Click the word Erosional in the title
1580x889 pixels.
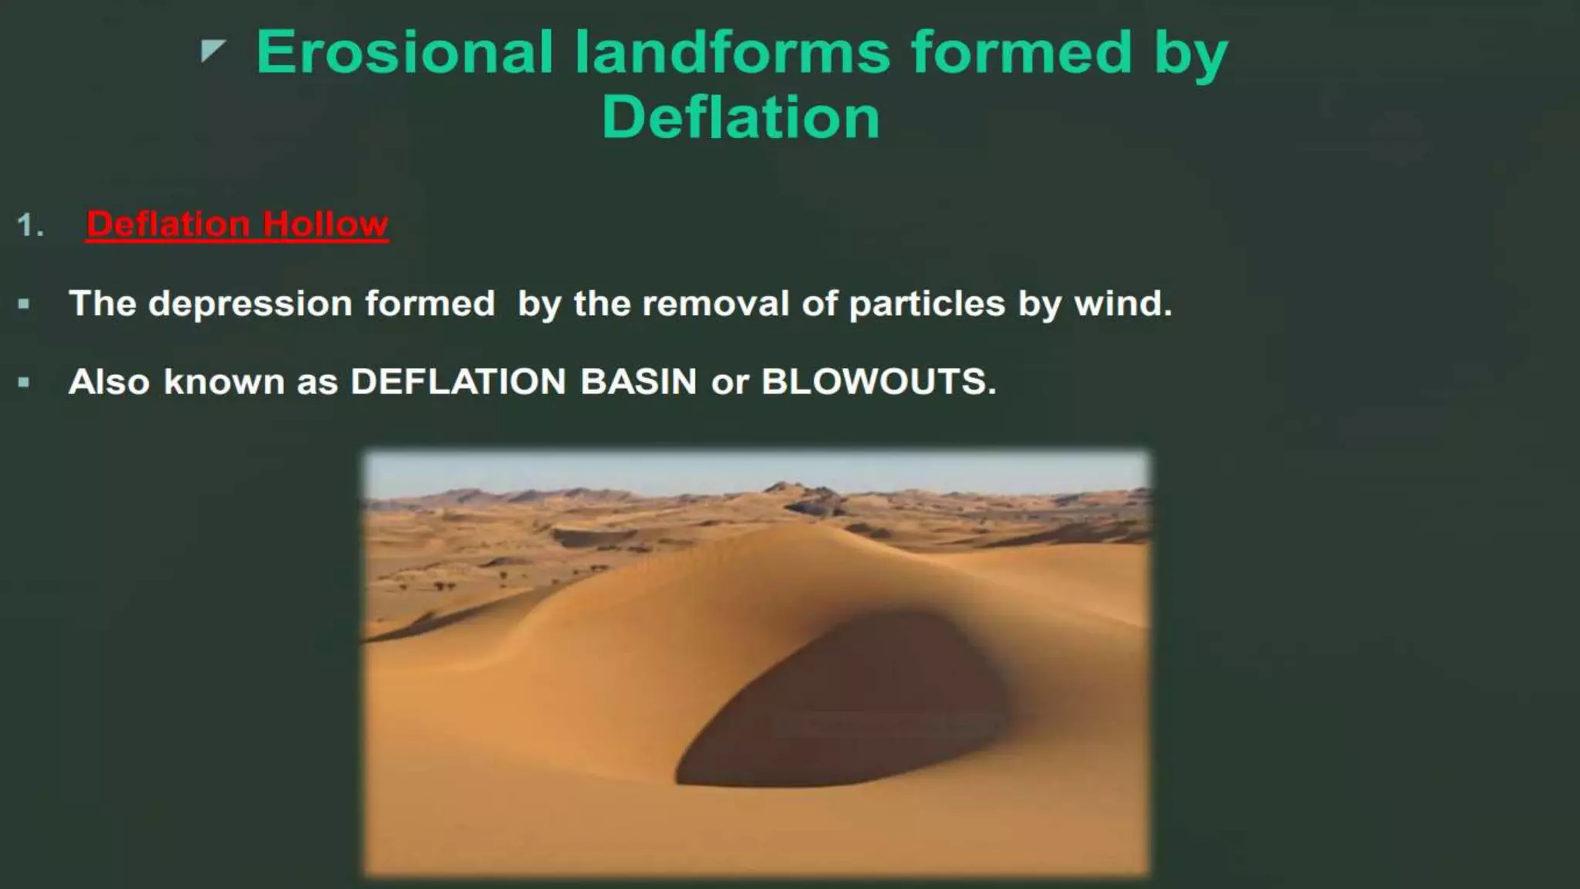[x=404, y=52]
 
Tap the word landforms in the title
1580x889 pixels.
[x=732, y=52]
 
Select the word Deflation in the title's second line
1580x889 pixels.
[x=740, y=117]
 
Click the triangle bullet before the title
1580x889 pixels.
[x=212, y=51]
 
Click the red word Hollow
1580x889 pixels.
[x=325, y=225]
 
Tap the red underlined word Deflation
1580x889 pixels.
[x=167, y=225]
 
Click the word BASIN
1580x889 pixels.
[x=638, y=382]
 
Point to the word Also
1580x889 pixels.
[x=109, y=382]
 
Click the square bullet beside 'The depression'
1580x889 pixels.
[x=24, y=304]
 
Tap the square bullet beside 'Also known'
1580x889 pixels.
[x=24, y=382]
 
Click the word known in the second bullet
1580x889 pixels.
[x=224, y=382]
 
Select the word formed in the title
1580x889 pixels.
[x=1021, y=52]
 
